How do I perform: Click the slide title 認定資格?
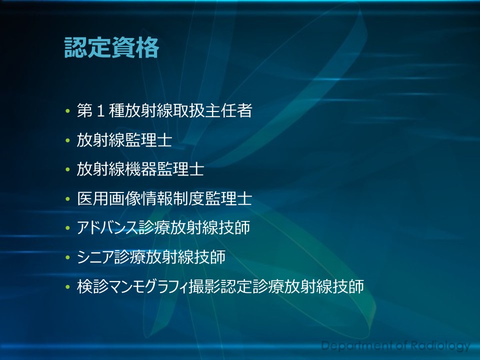(x=111, y=48)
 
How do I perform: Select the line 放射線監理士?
(x=124, y=140)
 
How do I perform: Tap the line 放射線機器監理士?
(x=140, y=169)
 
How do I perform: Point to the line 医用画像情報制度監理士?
(x=164, y=199)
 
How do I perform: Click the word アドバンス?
(x=107, y=228)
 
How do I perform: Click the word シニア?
(x=95, y=257)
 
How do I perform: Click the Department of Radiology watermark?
(x=395, y=346)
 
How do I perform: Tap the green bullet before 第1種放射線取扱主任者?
(x=67, y=111)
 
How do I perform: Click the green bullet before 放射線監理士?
(x=67, y=140)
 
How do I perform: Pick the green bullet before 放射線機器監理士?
(x=67, y=170)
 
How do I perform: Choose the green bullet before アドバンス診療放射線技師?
(x=67, y=228)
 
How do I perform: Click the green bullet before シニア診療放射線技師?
(x=67, y=258)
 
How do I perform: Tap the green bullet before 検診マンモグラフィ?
(x=67, y=287)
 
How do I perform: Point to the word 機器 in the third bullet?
(x=140, y=169)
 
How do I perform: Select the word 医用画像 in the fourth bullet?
(x=108, y=199)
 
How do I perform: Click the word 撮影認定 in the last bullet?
(x=220, y=286)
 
